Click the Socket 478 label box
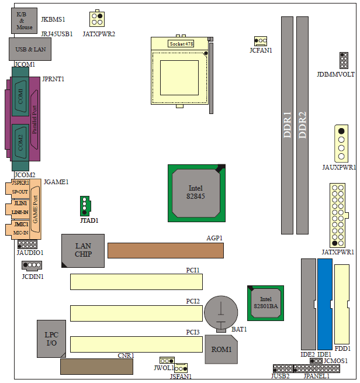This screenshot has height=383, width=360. tap(181, 44)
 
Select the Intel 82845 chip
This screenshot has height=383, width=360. tap(196, 193)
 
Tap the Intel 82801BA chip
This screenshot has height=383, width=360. tap(265, 303)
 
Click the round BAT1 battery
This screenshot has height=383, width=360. tap(221, 312)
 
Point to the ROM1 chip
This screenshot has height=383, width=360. tap(221, 349)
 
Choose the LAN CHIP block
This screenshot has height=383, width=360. tap(83, 251)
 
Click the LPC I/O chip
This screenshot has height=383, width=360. tap(51, 339)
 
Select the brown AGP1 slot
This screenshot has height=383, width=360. tap(165, 250)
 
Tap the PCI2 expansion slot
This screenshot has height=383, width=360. tap(136, 313)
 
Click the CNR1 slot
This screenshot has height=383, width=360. tap(96, 367)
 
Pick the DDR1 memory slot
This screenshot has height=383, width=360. tap(287, 125)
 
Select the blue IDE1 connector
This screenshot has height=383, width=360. tap(325, 304)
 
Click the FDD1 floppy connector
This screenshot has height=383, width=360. tap(342, 304)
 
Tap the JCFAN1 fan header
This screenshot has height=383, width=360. tap(261, 41)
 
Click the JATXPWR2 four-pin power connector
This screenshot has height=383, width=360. tap(97, 19)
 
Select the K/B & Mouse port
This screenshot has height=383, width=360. tap(24, 21)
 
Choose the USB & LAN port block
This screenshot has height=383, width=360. tap(30, 49)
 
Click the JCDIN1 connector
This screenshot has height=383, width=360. tap(32, 265)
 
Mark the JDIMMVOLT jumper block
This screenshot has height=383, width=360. tap(344, 60)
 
